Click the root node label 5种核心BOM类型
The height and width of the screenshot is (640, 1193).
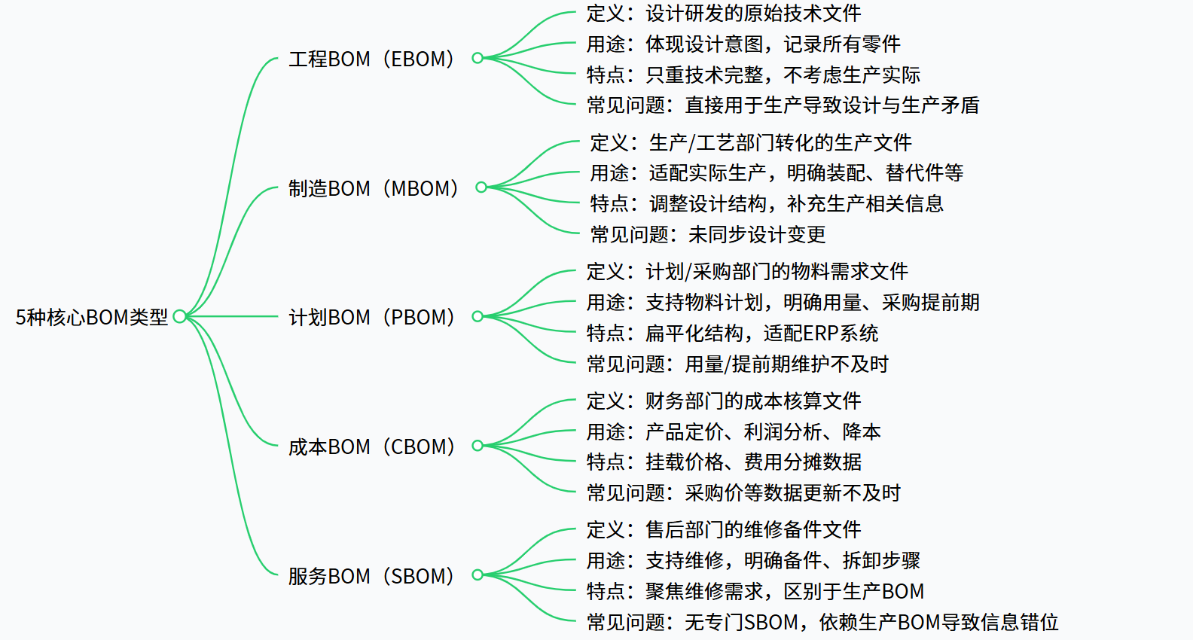[x=92, y=317]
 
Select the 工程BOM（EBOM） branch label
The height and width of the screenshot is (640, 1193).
[x=372, y=59]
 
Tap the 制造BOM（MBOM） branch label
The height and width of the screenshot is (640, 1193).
[x=374, y=188]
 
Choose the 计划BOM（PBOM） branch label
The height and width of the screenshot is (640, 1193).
[x=372, y=317]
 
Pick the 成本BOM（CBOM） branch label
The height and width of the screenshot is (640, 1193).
[x=372, y=446]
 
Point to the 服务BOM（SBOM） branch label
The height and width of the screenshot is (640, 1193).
[x=372, y=576]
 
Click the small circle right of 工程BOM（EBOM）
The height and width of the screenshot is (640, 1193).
[x=478, y=58]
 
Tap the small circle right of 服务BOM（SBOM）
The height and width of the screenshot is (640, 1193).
[x=478, y=575]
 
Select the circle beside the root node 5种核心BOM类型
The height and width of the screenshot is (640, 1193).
[x=179, y=316]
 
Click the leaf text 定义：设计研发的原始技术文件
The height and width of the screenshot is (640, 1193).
[x=724, y=14]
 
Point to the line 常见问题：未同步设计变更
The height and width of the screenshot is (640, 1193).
[x=708, y=235]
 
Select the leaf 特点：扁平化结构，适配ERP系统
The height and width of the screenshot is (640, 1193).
[x=732, y=334]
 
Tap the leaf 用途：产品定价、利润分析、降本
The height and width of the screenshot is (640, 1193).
[x=734, y=432]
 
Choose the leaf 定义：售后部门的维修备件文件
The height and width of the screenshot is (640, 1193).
[x=724, y=530]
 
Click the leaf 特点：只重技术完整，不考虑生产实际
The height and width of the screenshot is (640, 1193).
[x=753, y=75]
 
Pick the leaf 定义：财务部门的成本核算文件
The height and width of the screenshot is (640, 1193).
[x=724, y=401]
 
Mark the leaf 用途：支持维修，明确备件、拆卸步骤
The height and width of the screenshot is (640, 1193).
[x=753, y=561]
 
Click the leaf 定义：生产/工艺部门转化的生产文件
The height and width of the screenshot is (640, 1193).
[x=751, y=143]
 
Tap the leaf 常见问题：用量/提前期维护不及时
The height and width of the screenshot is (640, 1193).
[x=737, y=364]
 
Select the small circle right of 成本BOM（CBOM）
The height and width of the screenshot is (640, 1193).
[x=478, y=446]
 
